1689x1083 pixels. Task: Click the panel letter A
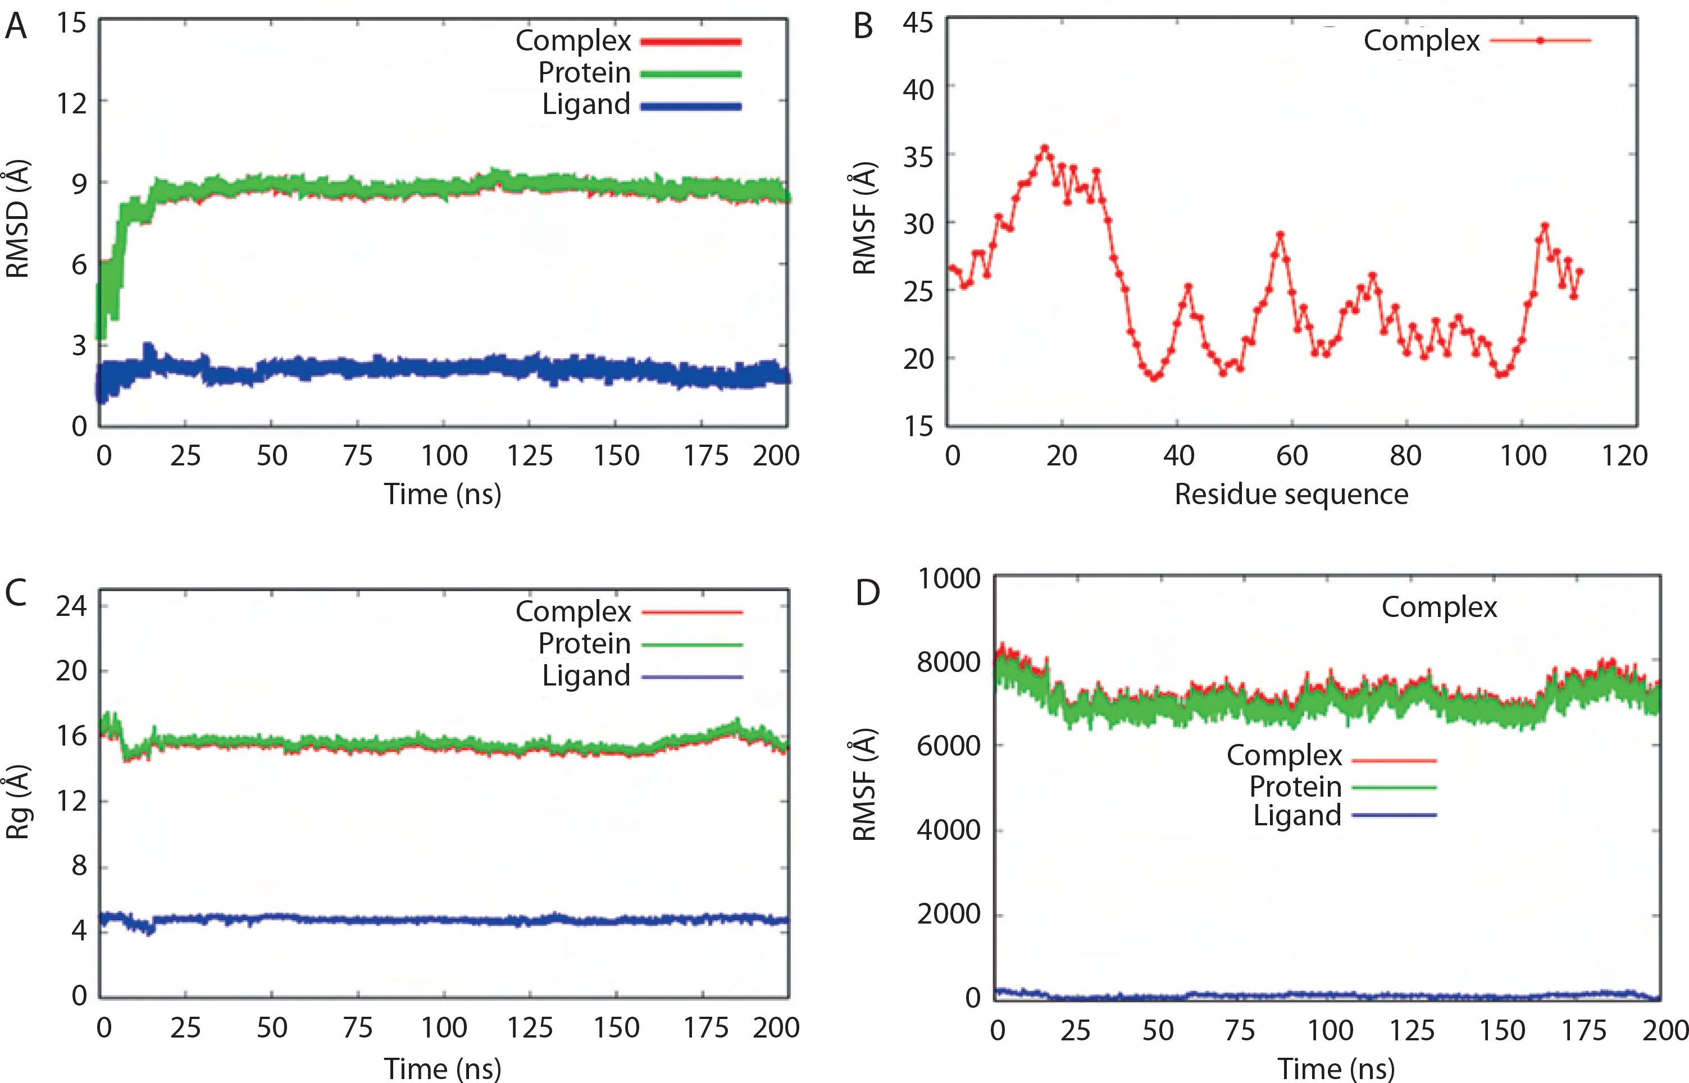[x=16, y=27]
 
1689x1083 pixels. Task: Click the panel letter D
[x=867, y=593]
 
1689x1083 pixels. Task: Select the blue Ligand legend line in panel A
[x=691, y=107]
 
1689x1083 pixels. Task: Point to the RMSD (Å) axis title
[x=17, y=220]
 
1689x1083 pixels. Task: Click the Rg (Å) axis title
[x=17, y=802]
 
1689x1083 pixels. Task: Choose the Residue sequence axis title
[x=1291, y=495]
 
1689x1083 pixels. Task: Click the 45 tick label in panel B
[x=918, y=23]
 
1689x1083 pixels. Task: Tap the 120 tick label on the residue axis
[x=1625, y=456]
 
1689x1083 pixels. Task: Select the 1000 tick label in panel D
[x=949, y=579]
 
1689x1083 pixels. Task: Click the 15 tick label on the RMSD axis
[x=71, y=23]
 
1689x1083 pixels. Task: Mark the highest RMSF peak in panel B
[x=1045, y=148]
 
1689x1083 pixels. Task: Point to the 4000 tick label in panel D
[x=949, y=830]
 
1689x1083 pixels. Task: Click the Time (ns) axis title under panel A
[x=443, y=495]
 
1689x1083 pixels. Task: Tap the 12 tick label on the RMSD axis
[x=71, y=103]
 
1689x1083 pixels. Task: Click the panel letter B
[x=863, y=27]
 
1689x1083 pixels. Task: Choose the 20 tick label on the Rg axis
[x=71, y=671]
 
